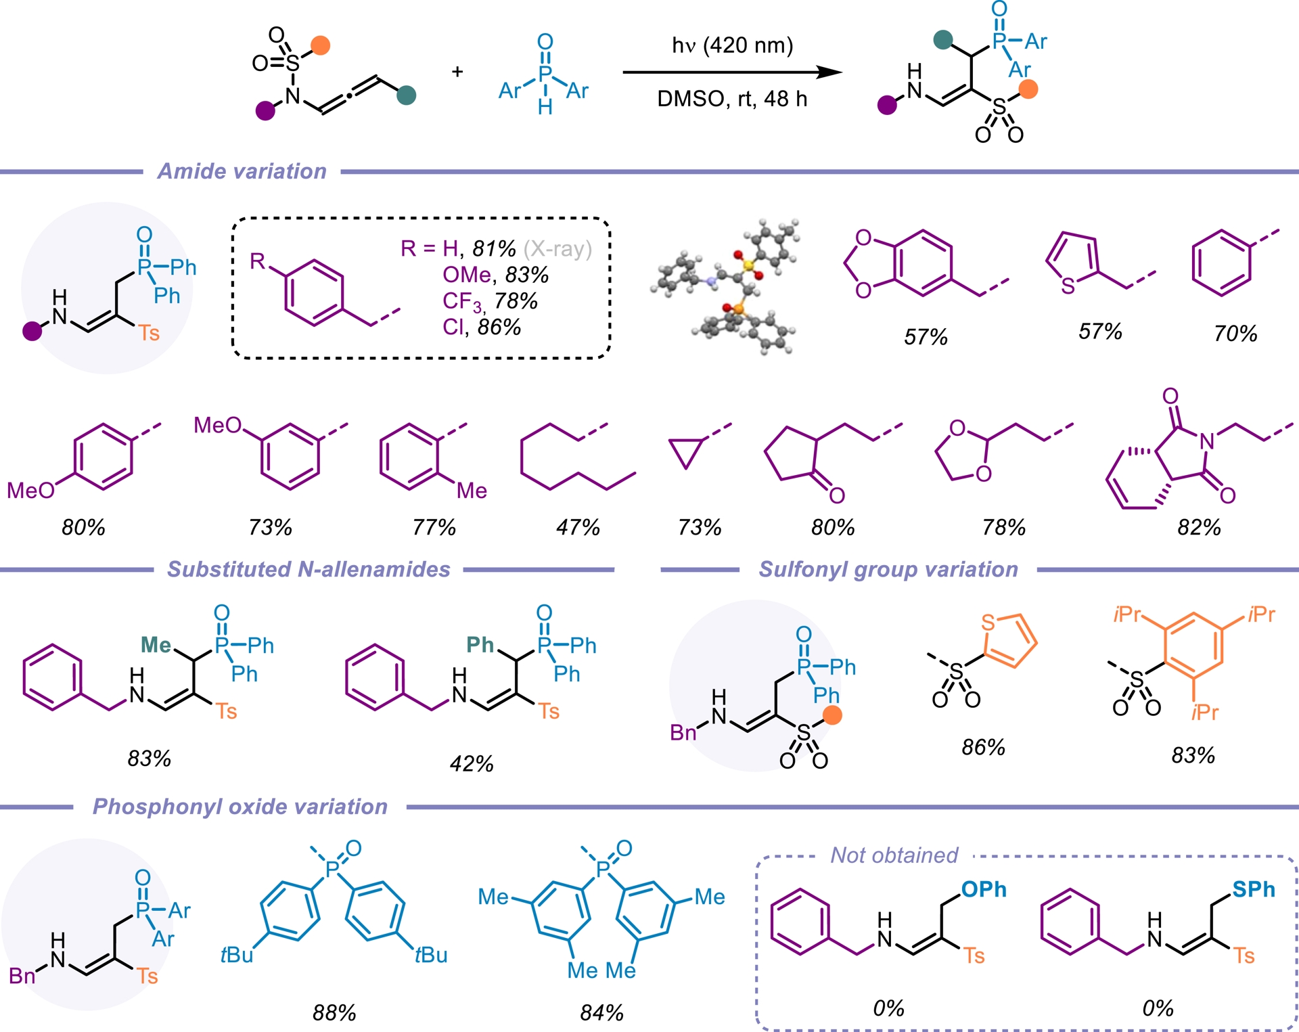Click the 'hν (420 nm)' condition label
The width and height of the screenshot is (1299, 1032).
tap(732, 45)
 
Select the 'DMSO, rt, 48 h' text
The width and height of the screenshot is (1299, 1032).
tap(732, 99)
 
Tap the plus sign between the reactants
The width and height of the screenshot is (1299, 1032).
tap(457, 71)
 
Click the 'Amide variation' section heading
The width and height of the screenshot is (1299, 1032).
tap(242, 171)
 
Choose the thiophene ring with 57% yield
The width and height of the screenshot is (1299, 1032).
tap(1072, 261)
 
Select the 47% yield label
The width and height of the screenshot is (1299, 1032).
tap(578, 527)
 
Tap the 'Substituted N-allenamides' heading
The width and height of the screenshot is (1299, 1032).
tap(309, 569)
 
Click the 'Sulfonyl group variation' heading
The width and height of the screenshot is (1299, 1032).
tap(888, 569)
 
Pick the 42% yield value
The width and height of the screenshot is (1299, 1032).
tap(472, 764)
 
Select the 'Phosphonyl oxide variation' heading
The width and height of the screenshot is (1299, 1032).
tap(240, 807)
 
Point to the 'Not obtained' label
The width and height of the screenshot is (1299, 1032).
tap(894, 855)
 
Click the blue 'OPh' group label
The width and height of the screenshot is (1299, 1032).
tap(984, 890)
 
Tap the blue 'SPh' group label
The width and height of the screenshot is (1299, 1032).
tap(1253, 890)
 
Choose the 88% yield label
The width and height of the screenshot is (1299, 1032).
tap(334, 1012)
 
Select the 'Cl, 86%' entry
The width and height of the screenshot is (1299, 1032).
tap(482, 328)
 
